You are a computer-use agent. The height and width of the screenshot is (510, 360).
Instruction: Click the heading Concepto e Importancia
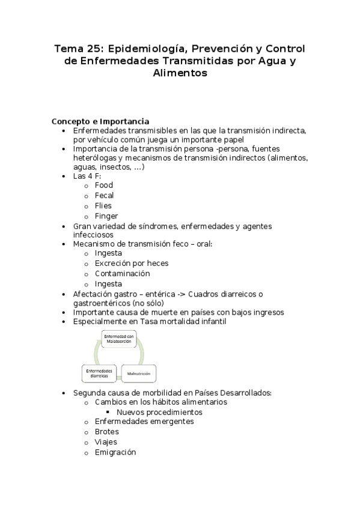100,120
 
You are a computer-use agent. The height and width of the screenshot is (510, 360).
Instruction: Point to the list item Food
103,185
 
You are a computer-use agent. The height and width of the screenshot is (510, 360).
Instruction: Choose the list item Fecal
104,195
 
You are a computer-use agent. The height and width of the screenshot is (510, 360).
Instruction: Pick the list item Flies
103,206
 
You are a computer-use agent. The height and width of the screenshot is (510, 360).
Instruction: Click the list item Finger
106,216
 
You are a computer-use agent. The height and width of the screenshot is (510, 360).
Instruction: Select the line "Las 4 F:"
87,176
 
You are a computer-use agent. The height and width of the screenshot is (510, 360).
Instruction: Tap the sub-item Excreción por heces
131,263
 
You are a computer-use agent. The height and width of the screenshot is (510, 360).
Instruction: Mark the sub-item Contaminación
121,273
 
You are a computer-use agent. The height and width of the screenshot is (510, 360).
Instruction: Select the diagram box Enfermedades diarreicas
99,373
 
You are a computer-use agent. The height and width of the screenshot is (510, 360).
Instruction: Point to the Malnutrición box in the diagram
139,374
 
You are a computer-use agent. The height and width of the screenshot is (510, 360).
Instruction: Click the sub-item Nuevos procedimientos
159,412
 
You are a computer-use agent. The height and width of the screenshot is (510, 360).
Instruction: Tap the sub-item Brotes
106,432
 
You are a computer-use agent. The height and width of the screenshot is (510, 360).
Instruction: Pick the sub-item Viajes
105,442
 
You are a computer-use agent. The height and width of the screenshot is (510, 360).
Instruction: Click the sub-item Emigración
115,452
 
